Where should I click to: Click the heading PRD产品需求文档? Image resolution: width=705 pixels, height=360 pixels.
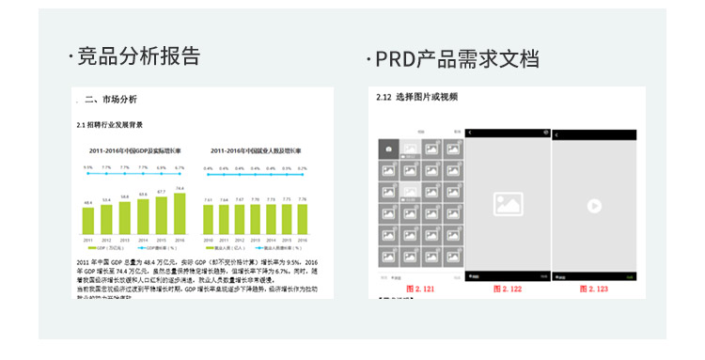[457, 59]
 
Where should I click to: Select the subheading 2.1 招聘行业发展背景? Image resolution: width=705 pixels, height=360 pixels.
[109, 124]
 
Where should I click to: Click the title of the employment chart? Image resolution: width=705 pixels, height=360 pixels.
[256, 150]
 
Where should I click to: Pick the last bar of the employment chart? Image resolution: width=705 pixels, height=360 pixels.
[302, 219]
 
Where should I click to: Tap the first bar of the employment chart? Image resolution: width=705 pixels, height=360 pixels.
[209, 219]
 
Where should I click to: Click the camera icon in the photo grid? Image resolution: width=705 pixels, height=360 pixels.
[386, 149]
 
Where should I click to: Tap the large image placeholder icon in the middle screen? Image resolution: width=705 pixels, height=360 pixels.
[508, 204]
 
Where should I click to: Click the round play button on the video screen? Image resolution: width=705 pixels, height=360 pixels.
[593, 205]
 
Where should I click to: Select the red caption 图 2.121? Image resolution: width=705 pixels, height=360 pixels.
[420, 289]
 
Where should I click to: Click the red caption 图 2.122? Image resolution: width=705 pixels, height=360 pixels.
[509, 289]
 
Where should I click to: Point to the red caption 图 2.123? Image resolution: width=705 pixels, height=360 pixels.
[593, 289]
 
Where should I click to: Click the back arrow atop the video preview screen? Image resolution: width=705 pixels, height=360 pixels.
[557, 134]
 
